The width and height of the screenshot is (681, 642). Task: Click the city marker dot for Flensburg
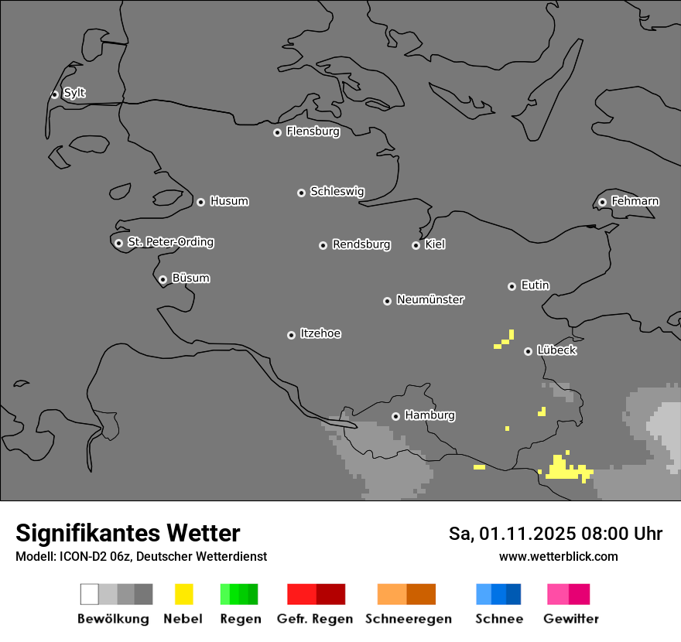[x=277, y=132]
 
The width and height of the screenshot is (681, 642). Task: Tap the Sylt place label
[x=74, y=93]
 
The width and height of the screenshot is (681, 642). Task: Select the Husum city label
[x=229, y=201]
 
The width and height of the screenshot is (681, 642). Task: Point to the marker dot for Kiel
[x=416, y=245]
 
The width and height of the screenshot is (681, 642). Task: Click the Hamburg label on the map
[x=429, y=415]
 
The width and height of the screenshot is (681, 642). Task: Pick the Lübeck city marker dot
[x=528, y=351]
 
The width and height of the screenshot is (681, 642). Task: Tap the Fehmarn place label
[x=635, y=201]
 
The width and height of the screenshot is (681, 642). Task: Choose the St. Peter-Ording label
[x=170, y=242]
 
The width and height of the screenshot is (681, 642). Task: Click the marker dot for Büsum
[x=163, y=279]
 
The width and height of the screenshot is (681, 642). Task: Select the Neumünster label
[x=430, y=299]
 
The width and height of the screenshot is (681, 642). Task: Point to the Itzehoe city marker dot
[x=291, y=335]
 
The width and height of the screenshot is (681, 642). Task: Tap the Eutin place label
[x=535, y=285]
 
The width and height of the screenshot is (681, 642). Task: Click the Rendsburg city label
[x=361, y=244]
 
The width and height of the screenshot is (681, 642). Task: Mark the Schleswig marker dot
[x=301, y=193]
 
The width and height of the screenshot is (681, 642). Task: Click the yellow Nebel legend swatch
[x=183, y=594]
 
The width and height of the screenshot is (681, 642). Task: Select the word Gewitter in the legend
[x=570, y=619]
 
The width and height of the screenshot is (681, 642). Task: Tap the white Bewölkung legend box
[x=90, y=594]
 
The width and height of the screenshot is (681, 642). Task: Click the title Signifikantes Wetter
[x=128, y=533]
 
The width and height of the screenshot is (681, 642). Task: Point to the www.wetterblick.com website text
[x=558, y=556]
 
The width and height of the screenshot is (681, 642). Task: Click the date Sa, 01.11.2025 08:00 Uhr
[x=555, y=534]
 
